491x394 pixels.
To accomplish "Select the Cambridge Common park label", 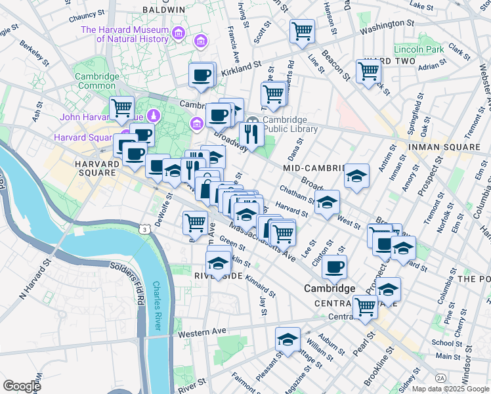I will (96, 81).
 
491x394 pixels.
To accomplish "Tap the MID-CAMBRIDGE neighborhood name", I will (314, 168).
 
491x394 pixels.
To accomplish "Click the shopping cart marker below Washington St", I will (302, 31).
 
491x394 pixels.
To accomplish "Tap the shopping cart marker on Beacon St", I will (368, 71).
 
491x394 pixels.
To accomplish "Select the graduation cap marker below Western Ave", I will (288, 339).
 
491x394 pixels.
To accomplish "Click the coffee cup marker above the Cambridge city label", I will (334, 267).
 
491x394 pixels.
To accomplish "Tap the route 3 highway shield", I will (143, 228).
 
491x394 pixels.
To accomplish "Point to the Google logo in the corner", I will (22, 385).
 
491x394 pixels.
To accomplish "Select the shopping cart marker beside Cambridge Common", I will (121, 108).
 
